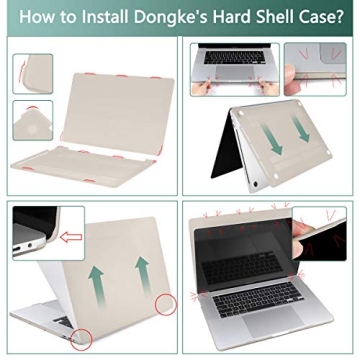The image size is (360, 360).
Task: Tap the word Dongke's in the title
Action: click(x=167, y=18)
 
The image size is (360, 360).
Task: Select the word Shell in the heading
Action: click(x=270, y=18)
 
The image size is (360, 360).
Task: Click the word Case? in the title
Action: click(x=319, y=18)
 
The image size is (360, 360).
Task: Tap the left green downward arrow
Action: click(x=273, y=139)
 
